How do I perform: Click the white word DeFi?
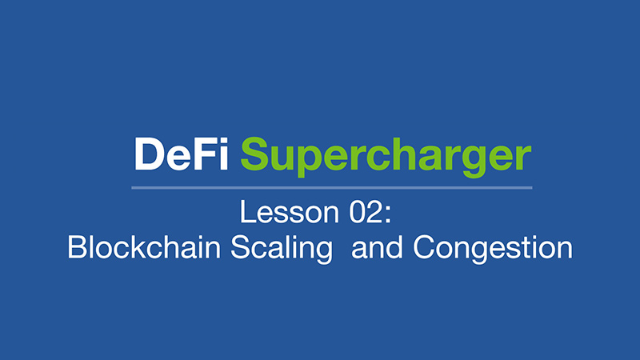[182, 154]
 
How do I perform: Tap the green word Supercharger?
[386, 157]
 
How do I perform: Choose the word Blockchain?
[144, 246]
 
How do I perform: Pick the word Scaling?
[282, 249]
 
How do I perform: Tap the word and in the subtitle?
[377, 247]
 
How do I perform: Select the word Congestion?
[493, 249]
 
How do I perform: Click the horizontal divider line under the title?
[332, 188]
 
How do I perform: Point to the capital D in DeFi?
[149, 154]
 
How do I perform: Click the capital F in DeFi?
[205, 154]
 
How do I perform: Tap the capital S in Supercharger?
[254, 154]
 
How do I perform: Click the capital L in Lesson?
[247, 212]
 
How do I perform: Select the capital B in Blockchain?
[77, 247]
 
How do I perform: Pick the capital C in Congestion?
[424, 247]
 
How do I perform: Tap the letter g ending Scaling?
[324, 253]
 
